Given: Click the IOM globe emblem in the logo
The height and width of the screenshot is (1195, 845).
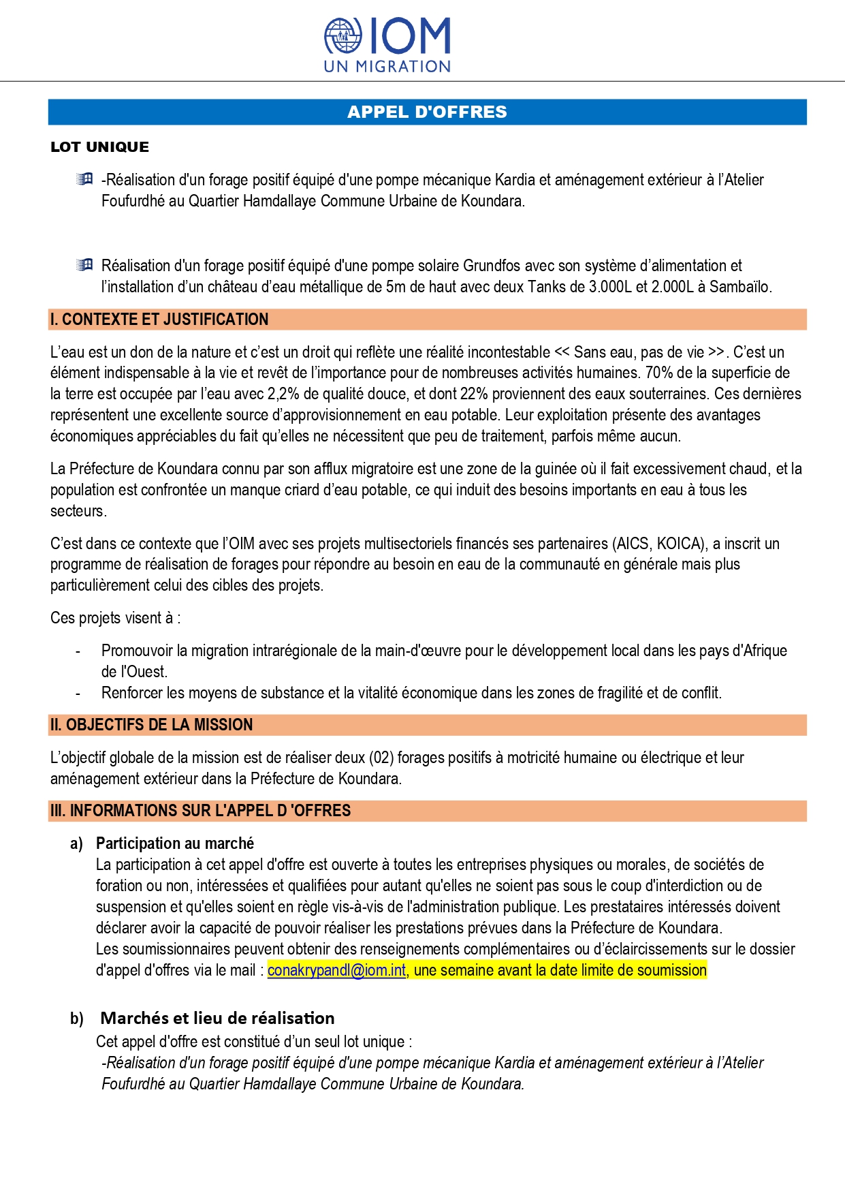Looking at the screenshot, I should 343,36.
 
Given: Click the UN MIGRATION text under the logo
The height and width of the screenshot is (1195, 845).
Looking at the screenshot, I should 387,67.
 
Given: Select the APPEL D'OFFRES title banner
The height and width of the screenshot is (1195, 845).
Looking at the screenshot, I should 427,112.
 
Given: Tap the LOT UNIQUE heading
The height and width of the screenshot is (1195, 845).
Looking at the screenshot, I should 99,147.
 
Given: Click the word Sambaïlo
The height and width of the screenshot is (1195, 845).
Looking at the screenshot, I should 739,287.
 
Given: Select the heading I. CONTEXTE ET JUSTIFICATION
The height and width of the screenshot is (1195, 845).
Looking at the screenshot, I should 159,320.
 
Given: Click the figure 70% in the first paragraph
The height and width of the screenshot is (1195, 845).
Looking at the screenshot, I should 658,373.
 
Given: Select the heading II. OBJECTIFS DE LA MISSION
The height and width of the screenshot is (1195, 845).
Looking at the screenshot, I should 151,725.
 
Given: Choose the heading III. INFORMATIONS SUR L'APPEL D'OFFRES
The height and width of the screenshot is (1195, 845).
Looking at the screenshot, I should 200,811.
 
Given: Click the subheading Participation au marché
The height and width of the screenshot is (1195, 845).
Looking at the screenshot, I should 175,843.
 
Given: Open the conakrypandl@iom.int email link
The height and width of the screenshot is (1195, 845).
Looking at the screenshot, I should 336,970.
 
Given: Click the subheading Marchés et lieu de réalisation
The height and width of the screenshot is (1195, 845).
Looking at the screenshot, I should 217,1018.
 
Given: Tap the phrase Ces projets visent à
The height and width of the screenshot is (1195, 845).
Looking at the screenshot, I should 114,618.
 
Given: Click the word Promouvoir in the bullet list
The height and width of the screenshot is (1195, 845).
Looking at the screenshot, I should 137,651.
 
